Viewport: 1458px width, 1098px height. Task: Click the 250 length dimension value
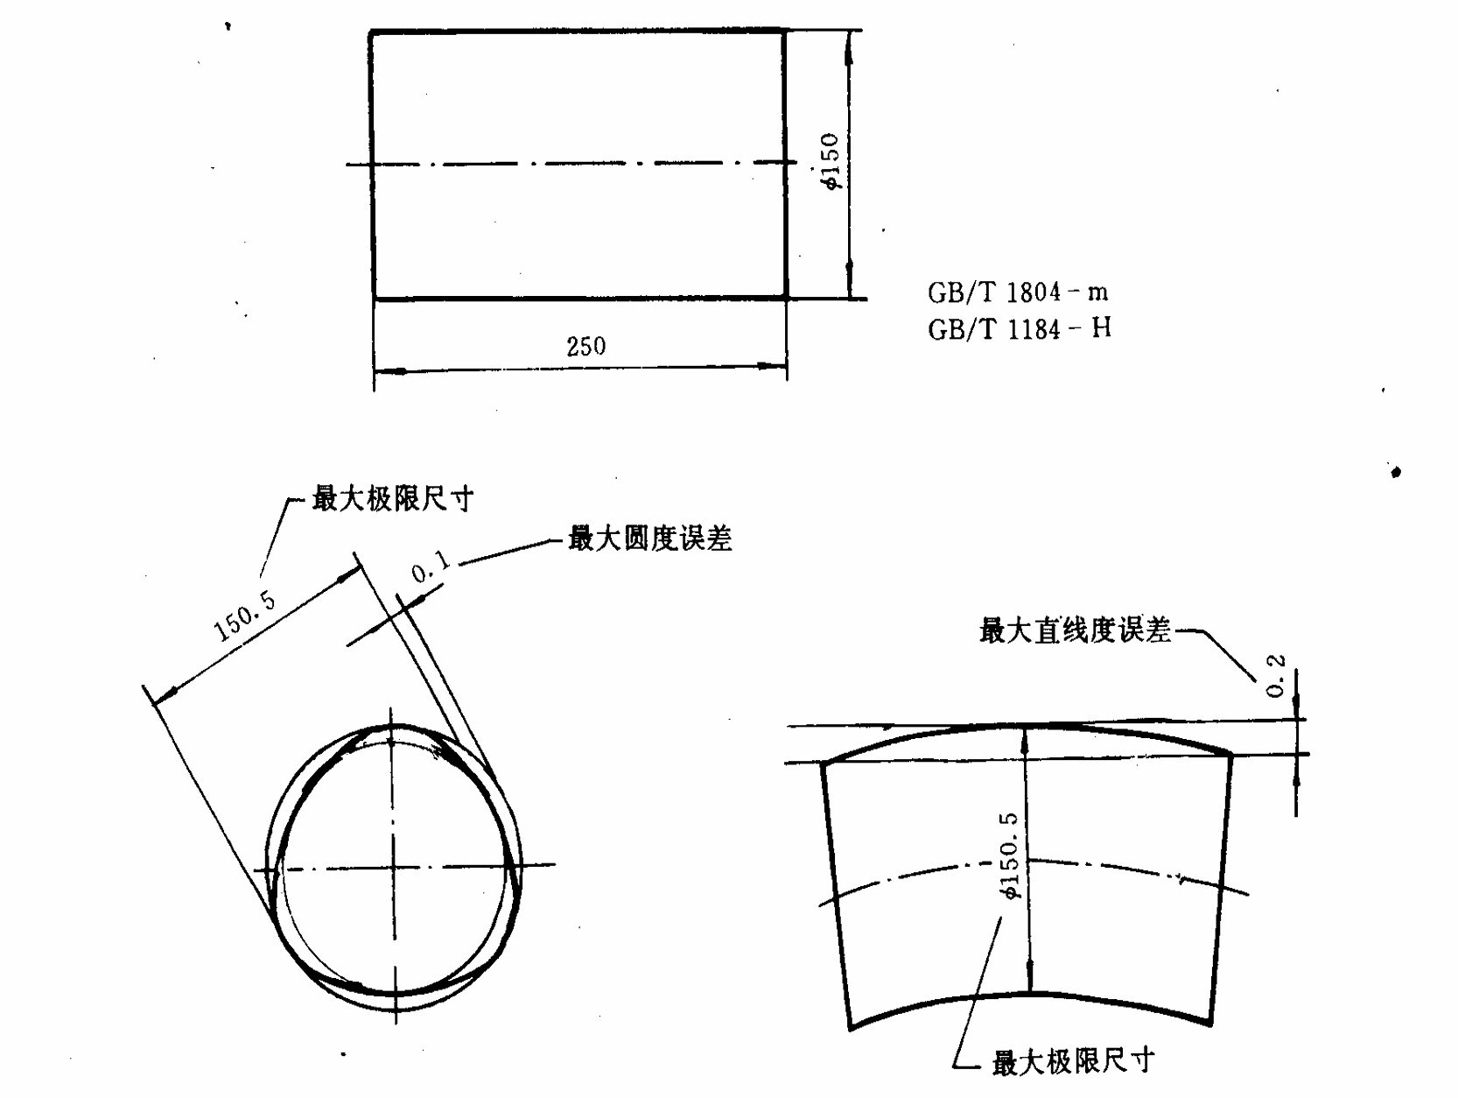(585, 347)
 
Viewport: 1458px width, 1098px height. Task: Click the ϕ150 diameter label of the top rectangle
(830, 162)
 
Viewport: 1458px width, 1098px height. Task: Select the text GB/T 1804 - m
(1018, 292)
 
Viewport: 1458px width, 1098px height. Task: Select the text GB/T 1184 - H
(1020, 329)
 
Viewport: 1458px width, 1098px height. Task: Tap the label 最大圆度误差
(649, 539)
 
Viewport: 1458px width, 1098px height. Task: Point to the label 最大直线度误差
(1075, 630)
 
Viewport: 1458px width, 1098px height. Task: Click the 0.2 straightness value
(1276, 676)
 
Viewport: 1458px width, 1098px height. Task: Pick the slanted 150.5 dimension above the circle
(246, 616)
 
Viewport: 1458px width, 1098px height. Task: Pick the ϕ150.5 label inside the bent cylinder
(1010, 856)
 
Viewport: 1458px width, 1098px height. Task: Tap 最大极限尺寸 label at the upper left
(393, 500)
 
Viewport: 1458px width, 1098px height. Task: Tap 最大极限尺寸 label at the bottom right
(1073, 1062)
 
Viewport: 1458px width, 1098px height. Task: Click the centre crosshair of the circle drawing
(395, 868)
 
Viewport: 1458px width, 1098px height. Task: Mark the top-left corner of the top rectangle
(371, 32)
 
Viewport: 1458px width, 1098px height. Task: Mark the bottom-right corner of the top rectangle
(786, 299)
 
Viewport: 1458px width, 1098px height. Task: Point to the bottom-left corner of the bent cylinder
(851, 1028)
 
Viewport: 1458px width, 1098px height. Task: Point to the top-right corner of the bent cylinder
(1232, 753)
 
